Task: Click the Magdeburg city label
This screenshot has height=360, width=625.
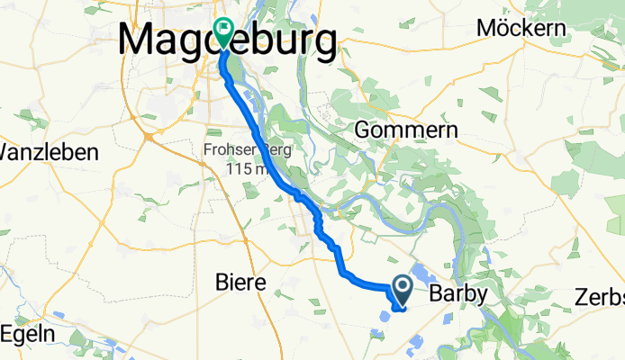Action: (229, 41)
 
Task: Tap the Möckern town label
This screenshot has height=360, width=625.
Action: (521, 28)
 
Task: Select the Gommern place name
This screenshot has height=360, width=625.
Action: (406, 130)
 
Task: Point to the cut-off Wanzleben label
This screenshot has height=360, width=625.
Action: (49, 152)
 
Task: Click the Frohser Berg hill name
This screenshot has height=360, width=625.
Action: (238, 150)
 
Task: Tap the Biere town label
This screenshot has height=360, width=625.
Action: (241, 283)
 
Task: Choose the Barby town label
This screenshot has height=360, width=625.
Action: (458, 294)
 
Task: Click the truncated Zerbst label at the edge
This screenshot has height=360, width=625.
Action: (600, 297)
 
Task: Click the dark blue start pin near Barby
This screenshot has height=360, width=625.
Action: (402, 289)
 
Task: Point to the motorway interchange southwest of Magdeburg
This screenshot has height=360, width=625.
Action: (146, 136)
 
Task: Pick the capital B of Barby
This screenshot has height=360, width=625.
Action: (436, 294)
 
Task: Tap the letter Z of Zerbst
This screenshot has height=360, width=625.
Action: (583, 297)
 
